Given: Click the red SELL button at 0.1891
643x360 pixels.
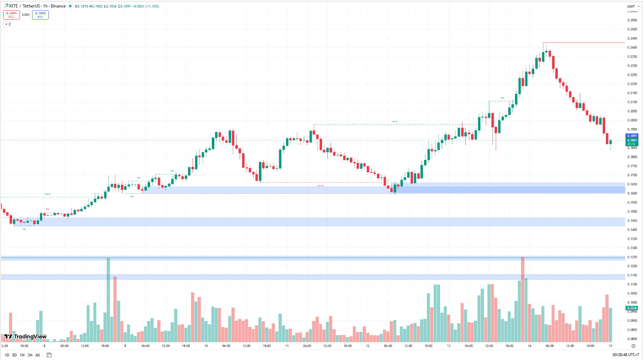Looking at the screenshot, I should pyautogui.click(x=11, y=15).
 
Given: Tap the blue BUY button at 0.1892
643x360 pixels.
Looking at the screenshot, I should pyautogui.click(x=40, y=15).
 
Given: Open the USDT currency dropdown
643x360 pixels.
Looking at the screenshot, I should pyautogui.click(x=633, y=6).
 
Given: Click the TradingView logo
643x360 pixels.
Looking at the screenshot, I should pyautogui.click(x=25, y=336).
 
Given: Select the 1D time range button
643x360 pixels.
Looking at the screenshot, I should pyautogui.click(x=7, y=355).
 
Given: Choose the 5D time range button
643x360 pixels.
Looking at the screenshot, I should pyautogui.click(x=14, y=355).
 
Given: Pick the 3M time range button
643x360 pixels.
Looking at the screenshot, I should pyautogui.click(x=30, y=355).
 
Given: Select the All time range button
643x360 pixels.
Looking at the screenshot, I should pyautogui.click(x=38, y=355).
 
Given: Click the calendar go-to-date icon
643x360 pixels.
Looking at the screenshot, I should pyautogui.click(x=49, y=355).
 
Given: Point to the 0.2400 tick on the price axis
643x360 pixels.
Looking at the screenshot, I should pyautogui.click(x=632, y=47).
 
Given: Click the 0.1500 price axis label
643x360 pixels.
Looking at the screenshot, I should pyautogui.click(x=632, y=212).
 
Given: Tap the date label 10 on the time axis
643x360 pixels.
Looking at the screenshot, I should pyautogui.click(x=206, y=346).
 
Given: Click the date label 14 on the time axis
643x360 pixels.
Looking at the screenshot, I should pyautogui.click(x=530, y=346).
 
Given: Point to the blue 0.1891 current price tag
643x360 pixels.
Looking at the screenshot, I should pyautogui.click(x=632, y=136).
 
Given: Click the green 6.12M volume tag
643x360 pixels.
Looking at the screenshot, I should pyautogui.click(x=632, y=308).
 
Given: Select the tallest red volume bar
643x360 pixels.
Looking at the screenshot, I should pyautogui.click(x=522, y=300).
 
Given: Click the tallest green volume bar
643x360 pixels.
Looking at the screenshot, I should pyautogui.click(x=108, y=300).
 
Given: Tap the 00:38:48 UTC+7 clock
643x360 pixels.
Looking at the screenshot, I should pyautogui.click(x=626, y=355).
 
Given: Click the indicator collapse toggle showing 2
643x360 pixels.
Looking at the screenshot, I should pyautogui.click(x=7, y=24).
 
